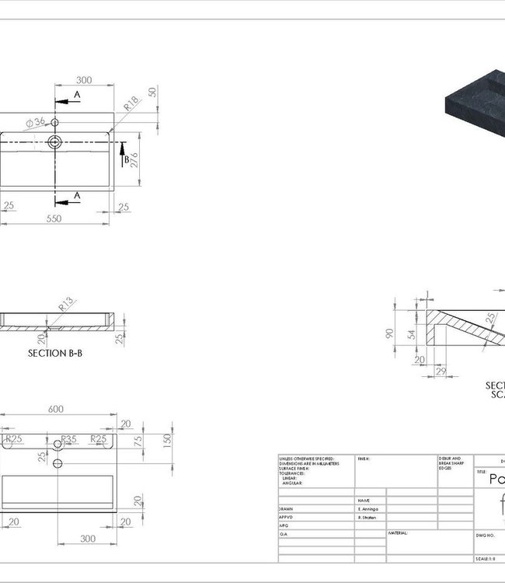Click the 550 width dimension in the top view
(x=53, y=219)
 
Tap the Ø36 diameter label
(x=36, y=123)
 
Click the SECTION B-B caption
(x=54, y=353)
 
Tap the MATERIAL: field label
(x=398, y=533)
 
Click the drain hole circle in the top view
(x=56, y=142)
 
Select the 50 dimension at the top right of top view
(x=152, y=92)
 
